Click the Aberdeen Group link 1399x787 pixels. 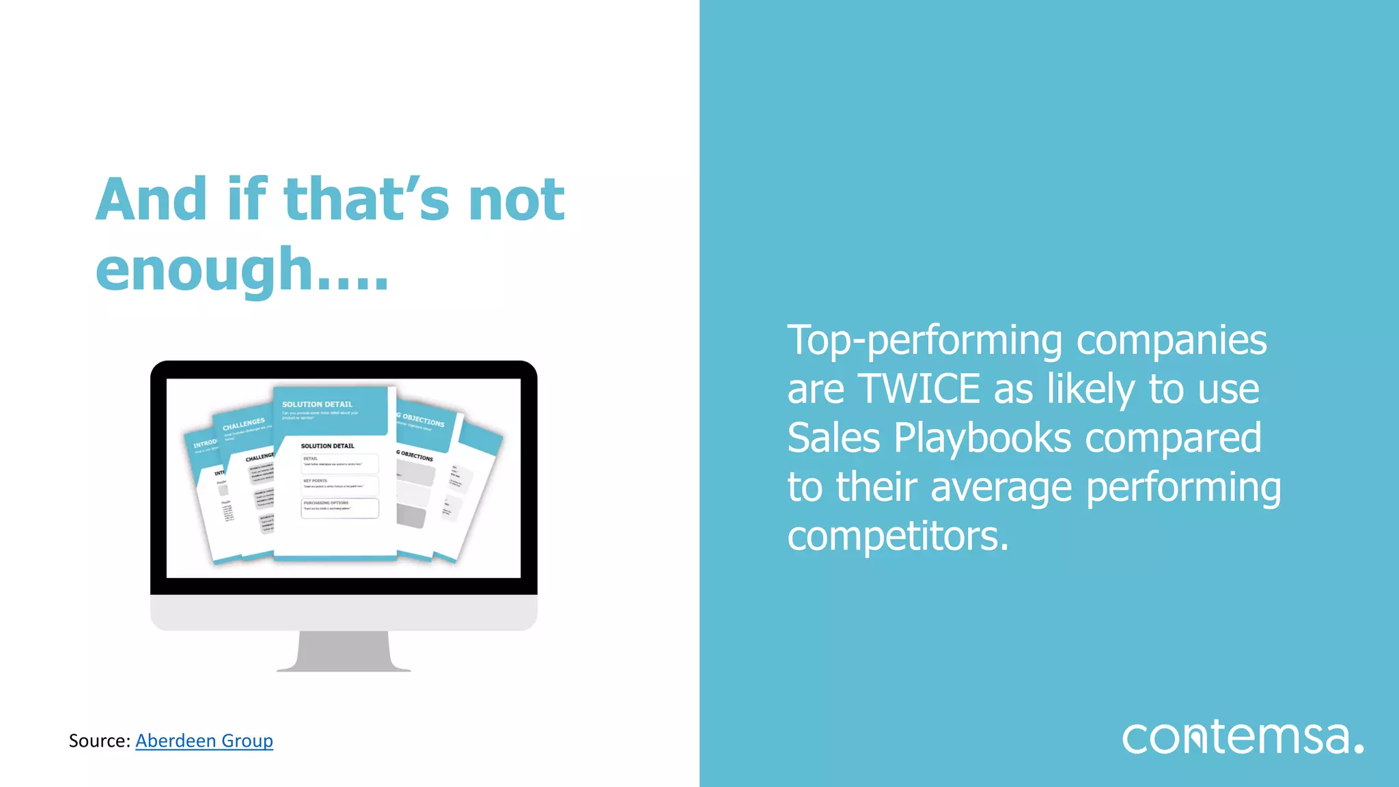tap(204, 741)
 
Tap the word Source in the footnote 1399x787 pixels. tap(98, 741)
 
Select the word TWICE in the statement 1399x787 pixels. tap(919, 389)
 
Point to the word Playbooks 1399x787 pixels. tap(983, 438)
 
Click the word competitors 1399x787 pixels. tap(898, 536)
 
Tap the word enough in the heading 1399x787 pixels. tap(204, 271)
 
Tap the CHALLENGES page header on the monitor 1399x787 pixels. tap(243, 425)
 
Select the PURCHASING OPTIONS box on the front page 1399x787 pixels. tap(340, 508)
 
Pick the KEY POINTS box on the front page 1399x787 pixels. tap(340, 485)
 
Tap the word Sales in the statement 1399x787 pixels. tap(833, 438)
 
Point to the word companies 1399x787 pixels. tap(1172, 341)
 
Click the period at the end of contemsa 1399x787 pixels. tap(1359, 748)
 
